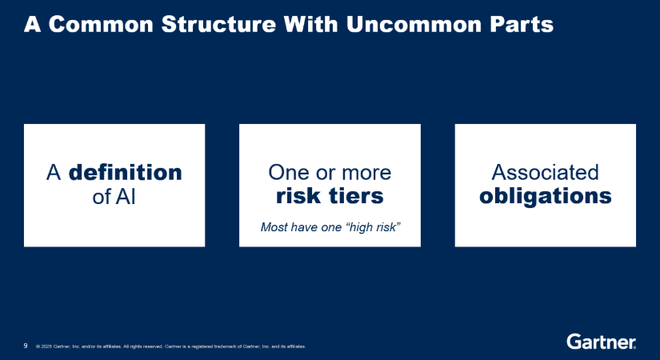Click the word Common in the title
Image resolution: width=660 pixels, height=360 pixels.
click(x=101, y=24)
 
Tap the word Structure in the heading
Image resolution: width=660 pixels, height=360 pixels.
click(x=218, y=24)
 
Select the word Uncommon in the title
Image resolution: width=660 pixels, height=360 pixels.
click(x=414, y=24)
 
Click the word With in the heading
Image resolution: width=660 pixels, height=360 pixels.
click(x=311, y=24)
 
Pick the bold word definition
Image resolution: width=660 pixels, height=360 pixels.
click(x=125, y=172)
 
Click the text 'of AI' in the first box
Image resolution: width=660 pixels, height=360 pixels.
click(x=114, y=196)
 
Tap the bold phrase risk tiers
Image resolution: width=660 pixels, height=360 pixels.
click(x=330, y=196)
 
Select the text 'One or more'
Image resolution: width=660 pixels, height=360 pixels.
click(x=330, y=173)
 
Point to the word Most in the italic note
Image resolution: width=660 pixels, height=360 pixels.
click(x=274, y=227)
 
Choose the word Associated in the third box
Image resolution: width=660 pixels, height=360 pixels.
click(x=545, y=172)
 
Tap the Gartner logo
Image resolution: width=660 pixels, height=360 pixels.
click(x=601, y=342)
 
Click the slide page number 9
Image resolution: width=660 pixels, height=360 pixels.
click(x=26, y=346)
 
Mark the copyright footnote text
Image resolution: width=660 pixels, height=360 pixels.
click(x=171, y=346)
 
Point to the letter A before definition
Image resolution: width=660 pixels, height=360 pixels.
click(x=54, y=173)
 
